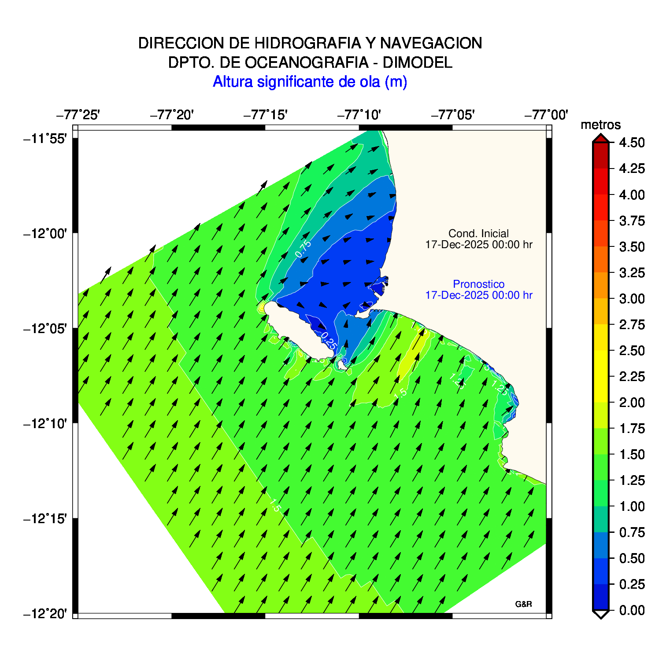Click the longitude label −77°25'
[x=78, y=115]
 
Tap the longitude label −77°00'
[x=546, y=115]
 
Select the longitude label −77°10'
[x=359, y=115]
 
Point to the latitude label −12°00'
[x=45, y=233]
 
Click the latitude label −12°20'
[x=45, y=613]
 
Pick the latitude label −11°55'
[x=45, y=139]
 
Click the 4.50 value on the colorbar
[x=632, y=143]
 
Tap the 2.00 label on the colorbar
[x=632, y=403]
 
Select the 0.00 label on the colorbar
[x=632, y=610]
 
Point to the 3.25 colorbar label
[x=632, y=273]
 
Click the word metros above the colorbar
[x=600, y=125]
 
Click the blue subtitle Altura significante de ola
[x=310, y=82]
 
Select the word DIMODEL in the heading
[x=417, y=62]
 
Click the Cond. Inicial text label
[x=478, y=234]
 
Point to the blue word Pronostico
[x=478, y=284]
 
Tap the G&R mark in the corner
[x=523, y=604]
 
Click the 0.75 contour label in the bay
[x=303, y=249]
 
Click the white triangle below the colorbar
[x=600, y=614]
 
